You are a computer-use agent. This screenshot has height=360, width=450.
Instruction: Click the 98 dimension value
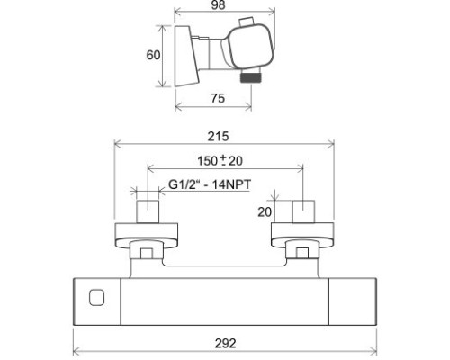point(218,5)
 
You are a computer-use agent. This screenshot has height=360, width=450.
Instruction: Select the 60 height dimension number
point(153,55)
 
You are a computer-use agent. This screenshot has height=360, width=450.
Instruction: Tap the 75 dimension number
point(218,98)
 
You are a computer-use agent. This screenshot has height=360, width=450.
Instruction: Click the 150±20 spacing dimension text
point(220,161)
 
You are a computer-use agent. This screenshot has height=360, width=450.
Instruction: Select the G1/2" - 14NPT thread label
point(210,184)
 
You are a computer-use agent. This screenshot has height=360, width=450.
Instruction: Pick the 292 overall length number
point(225,344)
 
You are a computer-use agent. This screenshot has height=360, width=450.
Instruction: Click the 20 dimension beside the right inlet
point(265,212)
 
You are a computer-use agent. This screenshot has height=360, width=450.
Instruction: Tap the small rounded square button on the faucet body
point(96,298)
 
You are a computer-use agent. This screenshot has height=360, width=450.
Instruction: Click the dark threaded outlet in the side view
point(251,77)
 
